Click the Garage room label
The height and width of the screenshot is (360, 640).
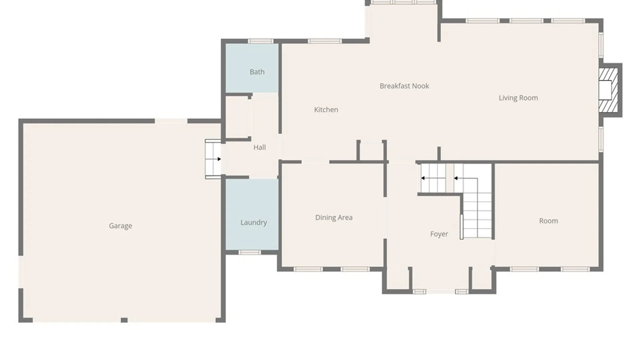pyautogui.click(x=120, y=226)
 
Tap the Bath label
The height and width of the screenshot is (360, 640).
pyautogui.click(x=257, y=72)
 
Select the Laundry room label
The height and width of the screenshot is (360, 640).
pyautogui.click(x=254, y=223)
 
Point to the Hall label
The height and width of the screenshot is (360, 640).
pyautogui.click(x=260, y=147)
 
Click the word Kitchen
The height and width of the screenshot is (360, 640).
pyautogui.click(x=326, y=110)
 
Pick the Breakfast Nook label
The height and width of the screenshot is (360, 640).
pyautogui.click(x=404, y=86)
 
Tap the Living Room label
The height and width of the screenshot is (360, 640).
pyautogui.click(x=518, y=98)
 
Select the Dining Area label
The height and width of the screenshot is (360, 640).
pyautogui.click(x=334, y=218)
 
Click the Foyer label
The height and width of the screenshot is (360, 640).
pyautogui.click(x=439, y=234)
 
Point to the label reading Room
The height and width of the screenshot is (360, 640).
pyautogui.click(x=549, y=221)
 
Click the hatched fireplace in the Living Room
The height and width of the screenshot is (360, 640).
pyautogui.click(x=608, y=90)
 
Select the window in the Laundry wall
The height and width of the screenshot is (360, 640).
pyautogui.click(x=250, y=252)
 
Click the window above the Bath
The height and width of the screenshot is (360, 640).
pyautogui.click(x=261, y=41)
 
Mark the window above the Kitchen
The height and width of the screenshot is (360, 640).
pyautogui.click(x=325, y=41)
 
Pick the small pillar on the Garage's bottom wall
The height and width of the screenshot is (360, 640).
pyautogui.click(x=124, y=320)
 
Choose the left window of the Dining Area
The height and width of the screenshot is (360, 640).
pyautogui.click(x=308, y=269)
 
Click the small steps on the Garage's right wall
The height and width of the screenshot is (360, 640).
pyautogui.click(x=213, y=159)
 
